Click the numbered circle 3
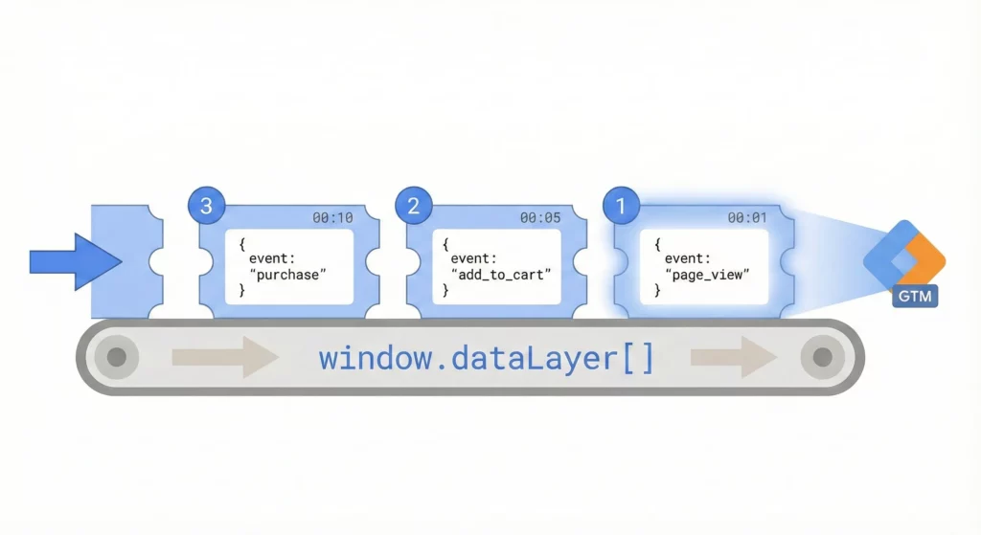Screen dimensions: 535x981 click(x=207, y=205)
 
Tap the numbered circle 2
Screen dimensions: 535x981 click(x=414, y=205)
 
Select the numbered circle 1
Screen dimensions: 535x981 click(x=621, y=205)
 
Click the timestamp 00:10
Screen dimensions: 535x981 click(x=332, y=218)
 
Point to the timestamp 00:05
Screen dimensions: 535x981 click(x=540, y=218)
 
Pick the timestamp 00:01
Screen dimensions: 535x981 click(x=747, y=218)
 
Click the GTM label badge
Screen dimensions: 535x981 click(x=915, y=297)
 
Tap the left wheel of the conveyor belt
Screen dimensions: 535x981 click(x=117, y=358)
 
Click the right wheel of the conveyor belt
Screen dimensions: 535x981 click(x=821, y=358)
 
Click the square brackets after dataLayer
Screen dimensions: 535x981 click(x=638, y=359)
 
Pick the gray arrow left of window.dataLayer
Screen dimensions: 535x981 click(x=224, y=358)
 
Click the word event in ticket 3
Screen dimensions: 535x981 click(x=269, y=258)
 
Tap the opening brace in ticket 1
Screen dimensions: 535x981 click(x=657, y=244)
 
